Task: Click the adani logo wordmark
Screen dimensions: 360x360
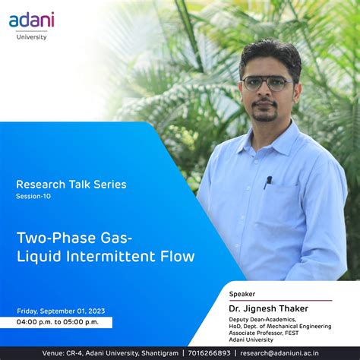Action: (31, 21)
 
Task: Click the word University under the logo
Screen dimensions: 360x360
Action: (31, 36)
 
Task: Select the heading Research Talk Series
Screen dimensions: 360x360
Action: (71, 184)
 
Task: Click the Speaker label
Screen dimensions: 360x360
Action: (242, 293)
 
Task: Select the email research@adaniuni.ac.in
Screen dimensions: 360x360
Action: (290, 353)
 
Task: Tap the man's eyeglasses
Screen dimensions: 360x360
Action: (267, 83)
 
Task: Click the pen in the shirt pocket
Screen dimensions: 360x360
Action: (268, 182)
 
